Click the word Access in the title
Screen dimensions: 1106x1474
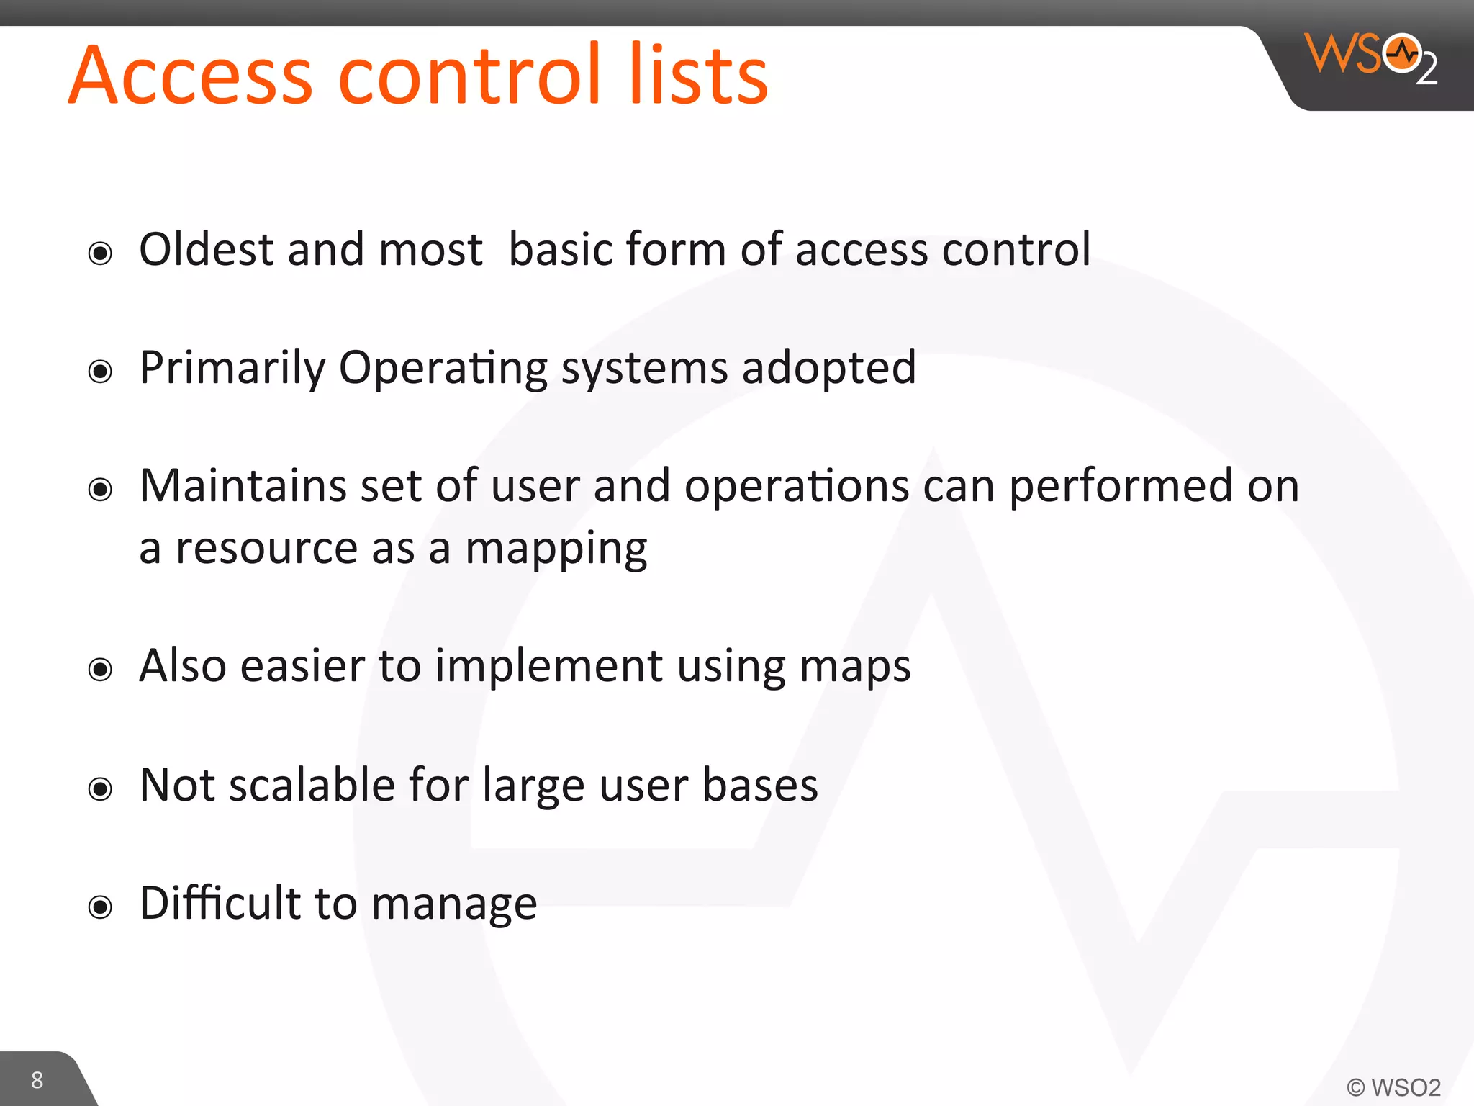coord(191,76)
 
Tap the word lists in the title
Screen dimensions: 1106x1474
coord(698,76)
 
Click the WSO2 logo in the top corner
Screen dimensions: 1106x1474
coord(1371,58)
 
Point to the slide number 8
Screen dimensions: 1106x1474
coord(37,1079)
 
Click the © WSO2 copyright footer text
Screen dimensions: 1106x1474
coord(1393,1087)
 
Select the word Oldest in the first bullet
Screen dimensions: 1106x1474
coord(207,249)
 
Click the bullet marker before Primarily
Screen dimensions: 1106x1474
coord(100,372)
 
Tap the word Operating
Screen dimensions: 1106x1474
coord(443,369)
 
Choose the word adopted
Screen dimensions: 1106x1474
coord(828,369)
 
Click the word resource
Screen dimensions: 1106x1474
coord(266,549)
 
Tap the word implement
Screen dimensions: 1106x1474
coord(549,667)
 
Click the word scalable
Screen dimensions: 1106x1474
coord(312,785)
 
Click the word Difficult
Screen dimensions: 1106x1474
coord(220,903)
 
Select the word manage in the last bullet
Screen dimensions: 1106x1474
coord(454,904)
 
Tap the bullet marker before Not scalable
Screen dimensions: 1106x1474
coord(100,789)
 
